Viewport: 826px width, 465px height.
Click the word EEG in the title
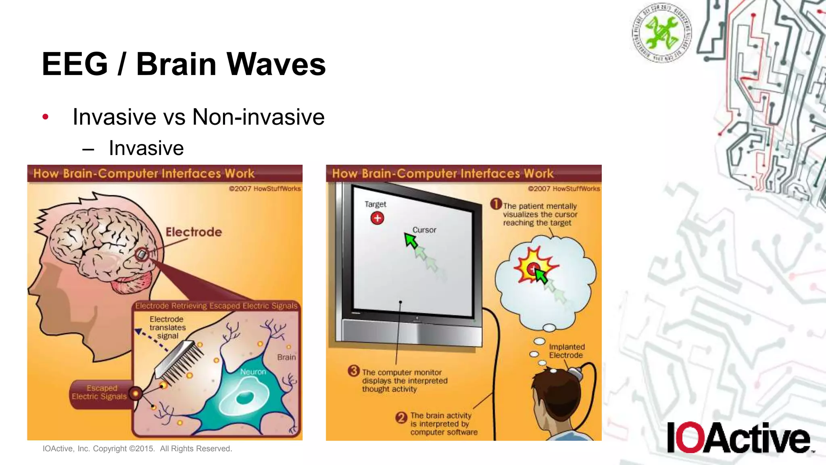(x=75, y=64)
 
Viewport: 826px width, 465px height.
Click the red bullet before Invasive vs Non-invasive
(x=46, y=117)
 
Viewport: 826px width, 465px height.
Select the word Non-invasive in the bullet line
(x=258, y=117)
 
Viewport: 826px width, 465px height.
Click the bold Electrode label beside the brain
(x=194, y=232)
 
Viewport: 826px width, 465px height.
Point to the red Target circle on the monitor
(x=377, y=218)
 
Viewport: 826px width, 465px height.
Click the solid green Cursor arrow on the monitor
(x=411, y=241)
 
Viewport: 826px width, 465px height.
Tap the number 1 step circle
(x=496, y=204)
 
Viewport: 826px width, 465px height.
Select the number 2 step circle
(x=401, y=417)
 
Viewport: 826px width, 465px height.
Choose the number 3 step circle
(x=354, y=371)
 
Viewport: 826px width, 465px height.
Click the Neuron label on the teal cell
(x=253, y=372)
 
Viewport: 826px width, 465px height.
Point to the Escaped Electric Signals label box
(x=100, y=392)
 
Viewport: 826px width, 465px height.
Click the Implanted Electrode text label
(x=566, y=351)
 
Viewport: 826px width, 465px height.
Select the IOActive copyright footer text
(x=137, y=449)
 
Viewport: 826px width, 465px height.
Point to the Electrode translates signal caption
(x=167, y=327)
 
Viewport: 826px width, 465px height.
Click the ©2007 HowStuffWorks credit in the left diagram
(x=265, y=189)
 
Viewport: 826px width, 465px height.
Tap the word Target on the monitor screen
(x=375, y=204)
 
